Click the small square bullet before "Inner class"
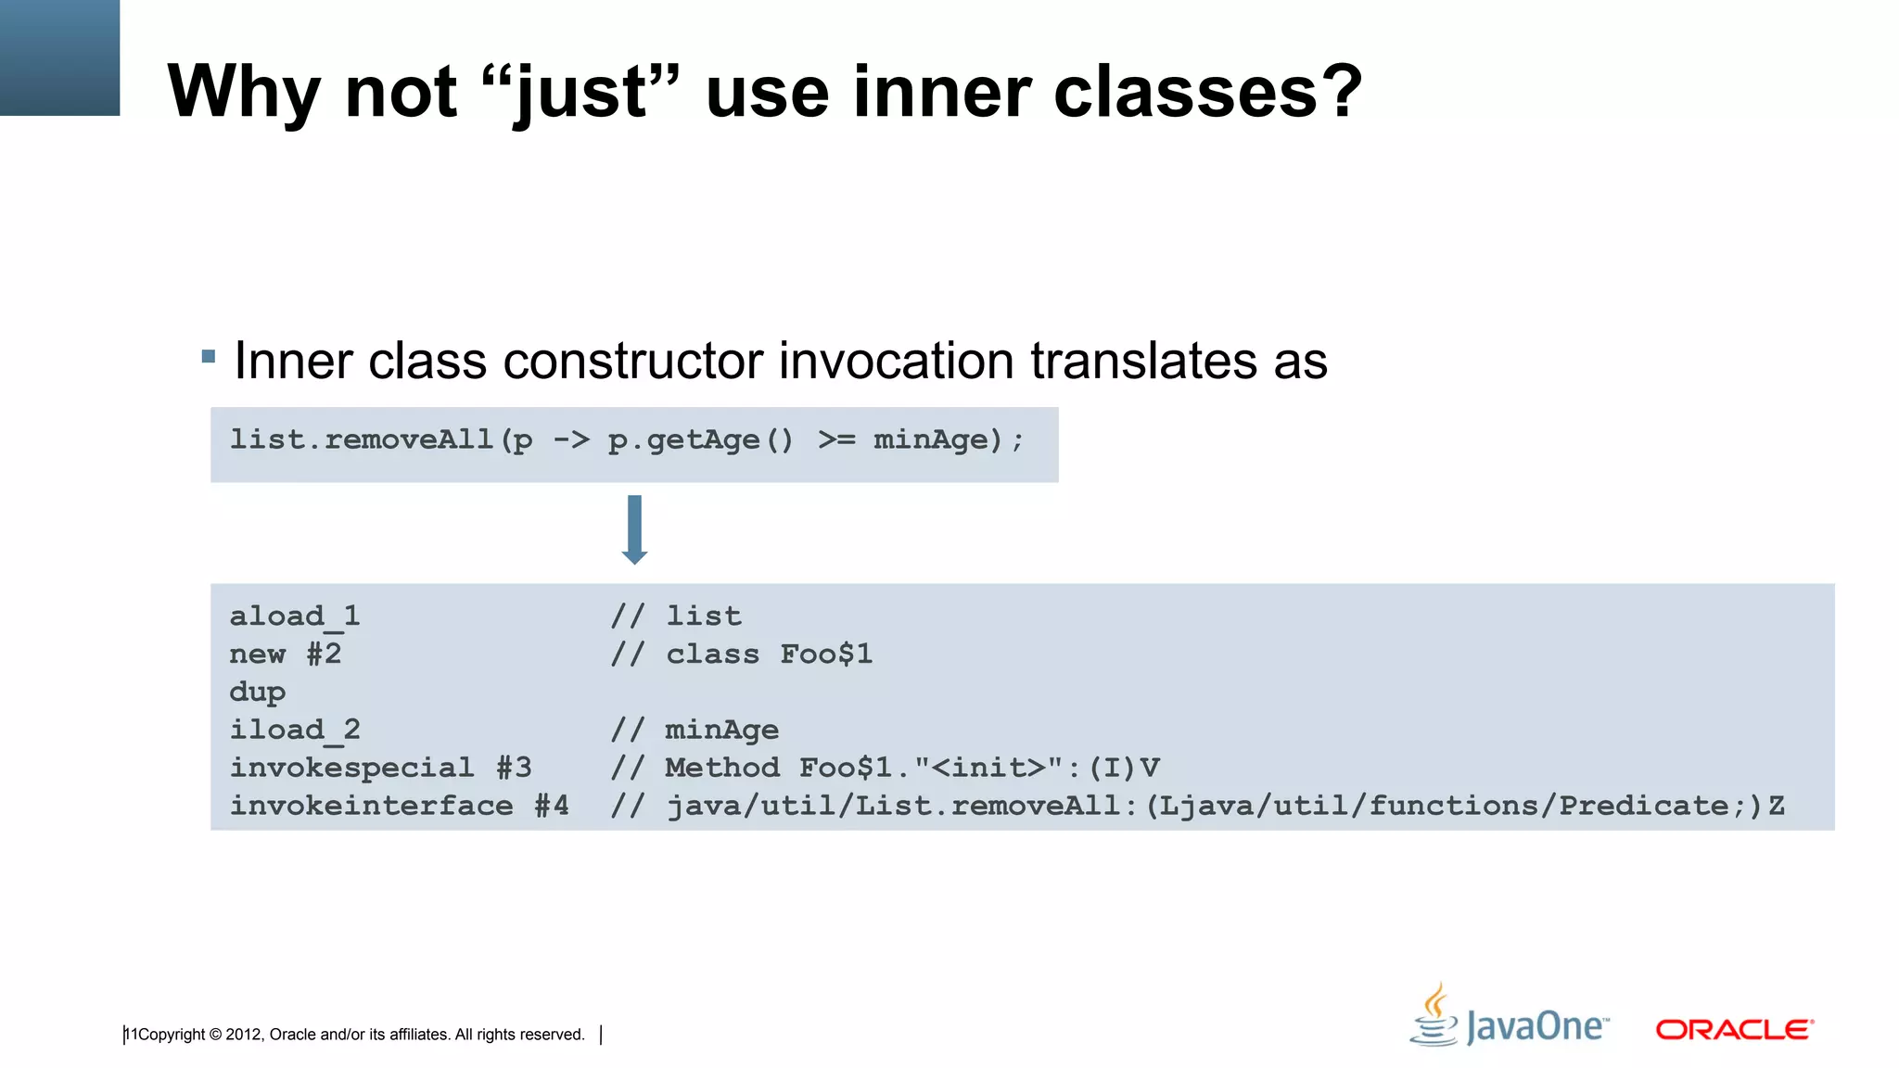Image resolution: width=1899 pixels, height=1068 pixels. tap(209, 356)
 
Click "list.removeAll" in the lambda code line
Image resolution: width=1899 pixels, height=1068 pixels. tap(362, 439)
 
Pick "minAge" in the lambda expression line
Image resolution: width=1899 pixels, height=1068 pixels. tap(931, 439)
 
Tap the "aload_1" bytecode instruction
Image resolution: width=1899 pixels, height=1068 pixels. tap(294, 617)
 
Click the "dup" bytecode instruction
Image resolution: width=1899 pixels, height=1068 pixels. tap(257, 693)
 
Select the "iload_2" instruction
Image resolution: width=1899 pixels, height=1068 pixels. tap(294, 731)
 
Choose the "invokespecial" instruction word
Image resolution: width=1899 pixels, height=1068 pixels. tap(351, 768)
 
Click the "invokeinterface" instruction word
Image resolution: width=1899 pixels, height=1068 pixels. tap(371, 806)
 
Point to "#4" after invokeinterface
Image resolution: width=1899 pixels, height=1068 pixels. tap(552, 806)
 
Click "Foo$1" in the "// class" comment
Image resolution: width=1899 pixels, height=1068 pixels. tap(826, 655)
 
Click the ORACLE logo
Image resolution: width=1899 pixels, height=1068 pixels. tap(1734, 1030)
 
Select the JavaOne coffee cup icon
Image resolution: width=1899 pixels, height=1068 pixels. tap(1434, 1015)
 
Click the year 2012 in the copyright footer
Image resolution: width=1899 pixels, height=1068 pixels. tap(244, 1035)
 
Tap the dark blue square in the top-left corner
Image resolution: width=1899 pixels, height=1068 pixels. tap(59, 57)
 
